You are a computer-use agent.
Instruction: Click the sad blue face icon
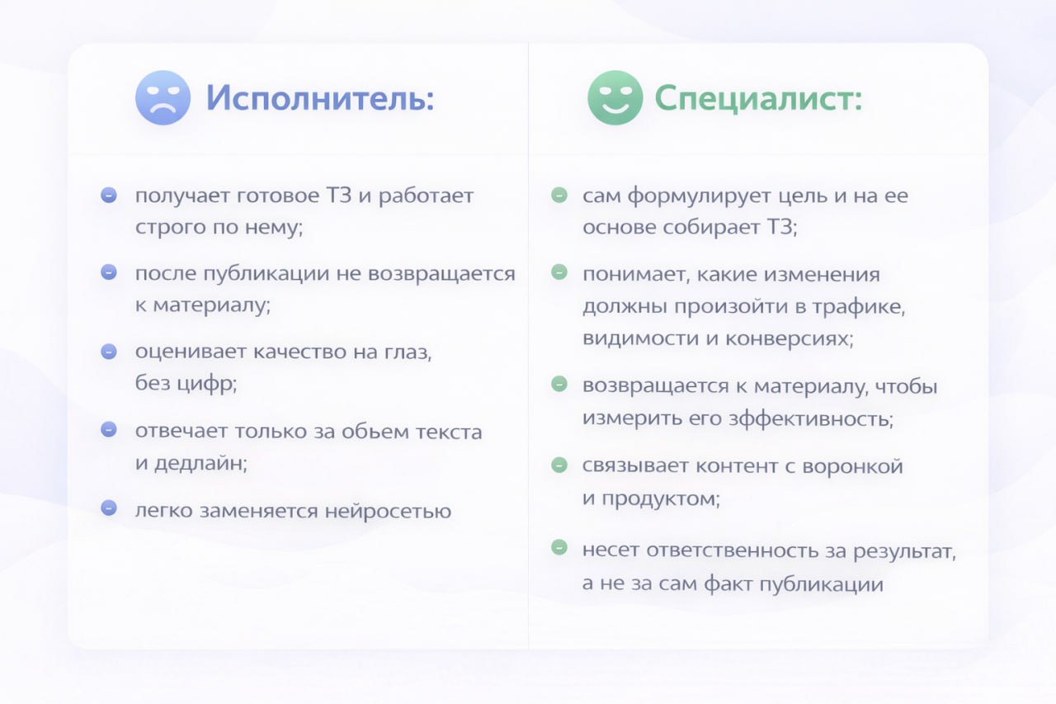pos(163,97)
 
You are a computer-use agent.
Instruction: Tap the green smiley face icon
pos(615,97)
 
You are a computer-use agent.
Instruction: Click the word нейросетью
pos(388,511)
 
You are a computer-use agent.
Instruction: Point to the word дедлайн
pos(200,463)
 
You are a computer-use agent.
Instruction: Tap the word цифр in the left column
pos(206,384)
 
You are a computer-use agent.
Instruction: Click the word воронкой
pos(852,465)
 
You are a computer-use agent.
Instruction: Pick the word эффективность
pos(811,418)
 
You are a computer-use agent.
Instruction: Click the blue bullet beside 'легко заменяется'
pos(109,508)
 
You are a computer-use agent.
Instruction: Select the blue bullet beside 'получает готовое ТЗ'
pos(109,195)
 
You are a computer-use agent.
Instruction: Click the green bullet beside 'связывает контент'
pos(559,465)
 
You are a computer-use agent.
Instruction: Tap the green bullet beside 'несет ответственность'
pos(559,547)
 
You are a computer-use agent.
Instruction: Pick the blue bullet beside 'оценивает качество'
pos(109,352)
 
